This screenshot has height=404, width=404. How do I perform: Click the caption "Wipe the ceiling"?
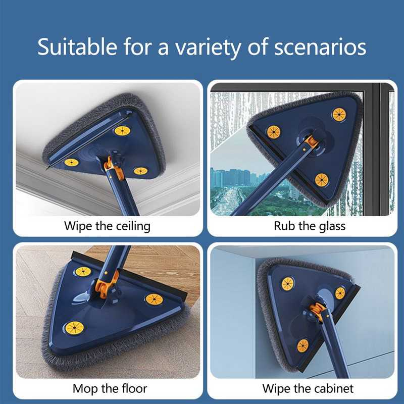107,225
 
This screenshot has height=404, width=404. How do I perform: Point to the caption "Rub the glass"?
310,225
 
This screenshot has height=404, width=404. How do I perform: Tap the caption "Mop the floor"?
110,388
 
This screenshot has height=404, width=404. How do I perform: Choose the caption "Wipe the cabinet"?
308,388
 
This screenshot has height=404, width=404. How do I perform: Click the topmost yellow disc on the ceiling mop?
122,131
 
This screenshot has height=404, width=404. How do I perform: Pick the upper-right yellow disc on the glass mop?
339,115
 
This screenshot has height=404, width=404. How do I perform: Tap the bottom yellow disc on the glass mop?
322,179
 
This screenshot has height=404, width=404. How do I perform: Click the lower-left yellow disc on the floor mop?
74,328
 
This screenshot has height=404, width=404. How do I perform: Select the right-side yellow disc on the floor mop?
154,299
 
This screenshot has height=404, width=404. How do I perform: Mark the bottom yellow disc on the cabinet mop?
303,345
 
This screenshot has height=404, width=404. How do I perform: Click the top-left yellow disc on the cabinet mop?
288,284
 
